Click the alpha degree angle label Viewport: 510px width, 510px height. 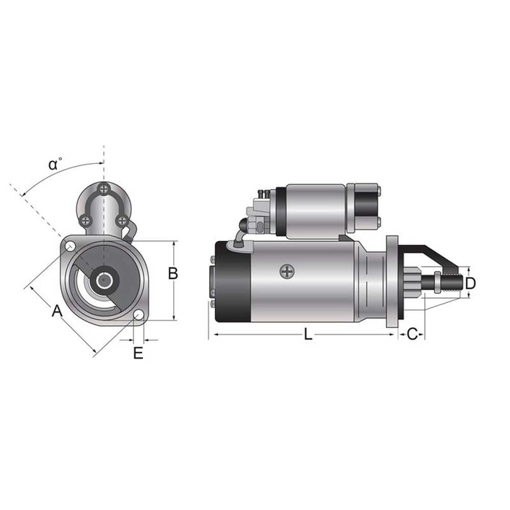point(55,164)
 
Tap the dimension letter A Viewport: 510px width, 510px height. point(56,312)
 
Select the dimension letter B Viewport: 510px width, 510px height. point(173,273)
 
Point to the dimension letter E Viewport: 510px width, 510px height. point(138,353)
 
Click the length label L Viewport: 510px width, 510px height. point(308,334)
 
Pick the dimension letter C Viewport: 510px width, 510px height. point(412,334)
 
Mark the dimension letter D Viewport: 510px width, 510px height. point(471,282)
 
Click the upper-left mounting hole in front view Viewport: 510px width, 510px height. point(68,246)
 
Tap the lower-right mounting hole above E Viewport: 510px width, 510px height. point(138,315)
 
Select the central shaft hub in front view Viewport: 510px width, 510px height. point(104,280)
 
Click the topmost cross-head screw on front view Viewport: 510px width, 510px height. point(105,190)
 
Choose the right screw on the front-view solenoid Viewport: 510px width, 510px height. point(122,219)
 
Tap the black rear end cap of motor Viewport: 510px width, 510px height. point(234,280)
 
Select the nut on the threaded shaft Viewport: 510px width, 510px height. point(436,281)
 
